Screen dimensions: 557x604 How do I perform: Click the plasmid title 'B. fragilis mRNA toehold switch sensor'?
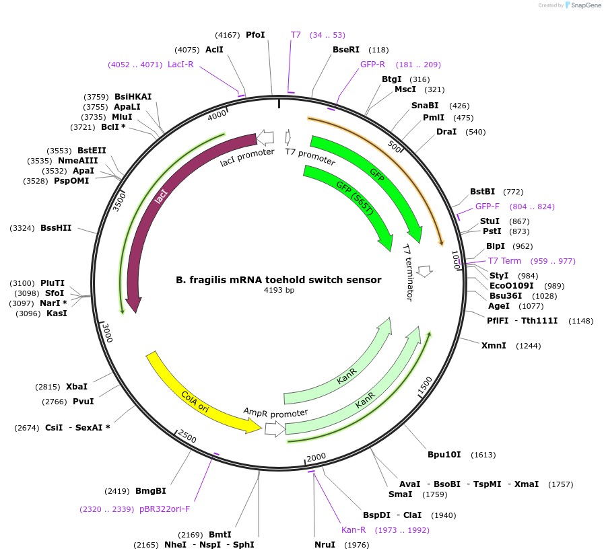coord(279,280)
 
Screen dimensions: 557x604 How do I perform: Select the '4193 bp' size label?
coord(279,291)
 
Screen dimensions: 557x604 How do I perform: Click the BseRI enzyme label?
coord(346,49)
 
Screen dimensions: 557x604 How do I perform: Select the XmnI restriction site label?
coord(494,346)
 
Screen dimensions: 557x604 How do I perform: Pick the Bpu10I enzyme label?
coord(444,454)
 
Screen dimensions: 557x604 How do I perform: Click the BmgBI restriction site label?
coord(151,490)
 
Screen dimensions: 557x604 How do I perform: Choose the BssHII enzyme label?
coord(56,228)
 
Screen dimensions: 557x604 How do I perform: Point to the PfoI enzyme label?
coord(255,34)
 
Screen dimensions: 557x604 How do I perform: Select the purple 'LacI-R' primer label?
coord(180,65)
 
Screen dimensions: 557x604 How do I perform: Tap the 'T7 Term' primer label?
coord(504,261)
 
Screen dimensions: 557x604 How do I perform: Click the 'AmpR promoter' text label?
coord(275,412)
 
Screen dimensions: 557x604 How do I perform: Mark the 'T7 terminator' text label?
coord(409,272)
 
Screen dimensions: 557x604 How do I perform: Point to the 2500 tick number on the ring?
coord(187,439)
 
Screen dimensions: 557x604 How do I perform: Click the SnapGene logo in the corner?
coord(583,5)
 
